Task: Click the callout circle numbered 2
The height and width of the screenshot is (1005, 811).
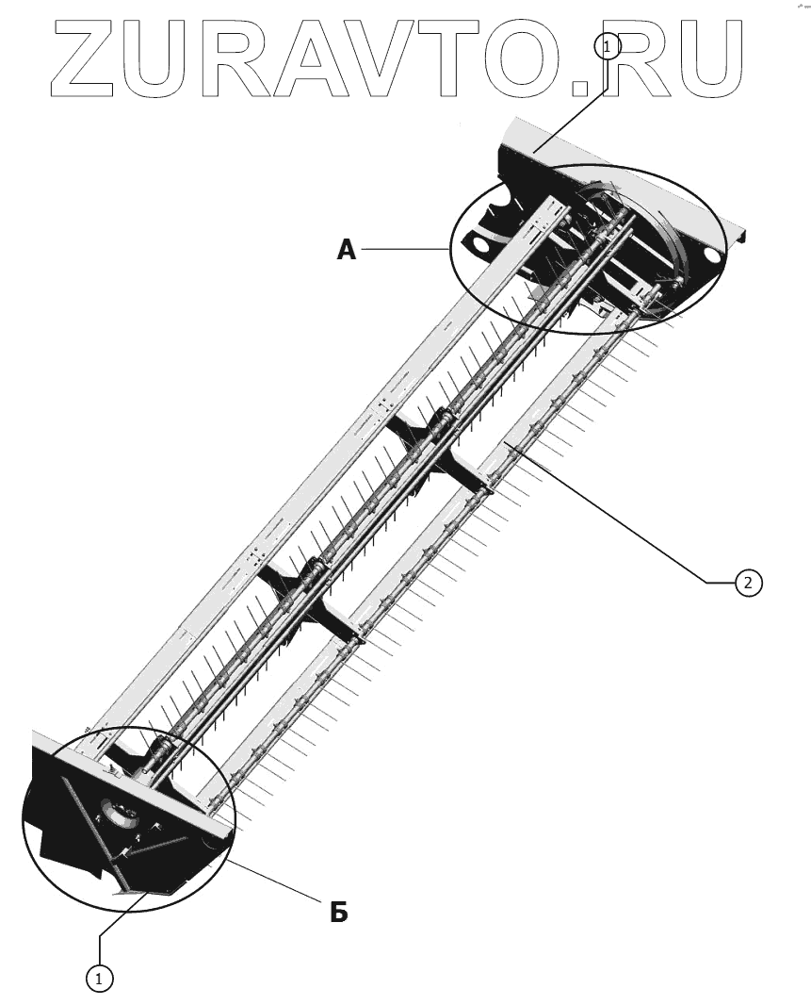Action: point(748,583)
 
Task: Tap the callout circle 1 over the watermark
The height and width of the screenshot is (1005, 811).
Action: point(608,45)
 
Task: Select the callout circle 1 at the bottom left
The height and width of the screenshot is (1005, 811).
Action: point(99,979)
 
